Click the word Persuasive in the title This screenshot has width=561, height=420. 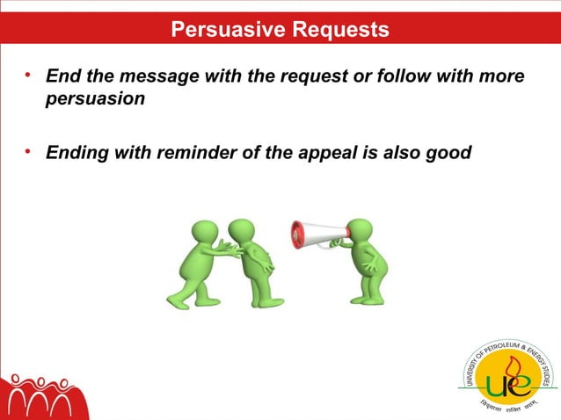(x=223, y=30)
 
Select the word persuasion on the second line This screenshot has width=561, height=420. (x=95, y=99)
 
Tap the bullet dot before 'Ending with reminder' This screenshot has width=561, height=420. (x=29, y=152)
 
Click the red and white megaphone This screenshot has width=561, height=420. (x=317, y=235)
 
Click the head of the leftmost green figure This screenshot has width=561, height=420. (x=205, y=232)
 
